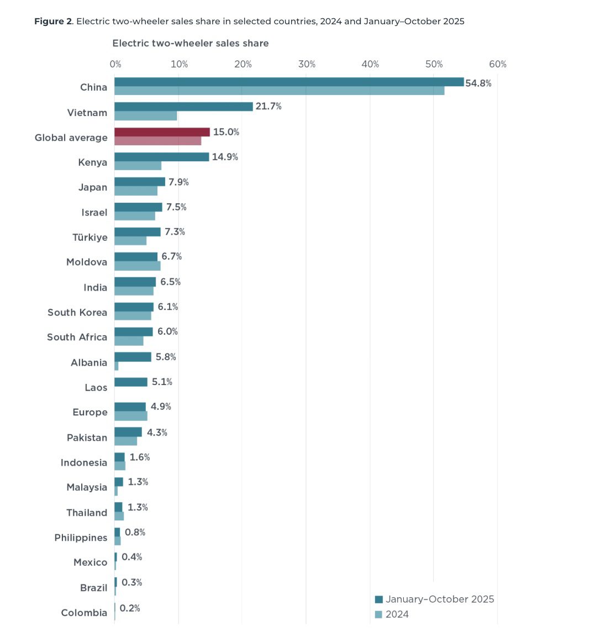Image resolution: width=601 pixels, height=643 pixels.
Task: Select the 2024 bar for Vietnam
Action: pyautogui.click(x=146, y=116)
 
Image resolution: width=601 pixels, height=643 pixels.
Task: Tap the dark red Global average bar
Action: pyautogui.click(x=162, y=132)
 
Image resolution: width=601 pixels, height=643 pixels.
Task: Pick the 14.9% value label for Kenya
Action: pyautogui.click(x=225, y=157)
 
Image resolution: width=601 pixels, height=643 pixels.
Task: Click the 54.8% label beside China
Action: pyautogui.click(x=478, y=83)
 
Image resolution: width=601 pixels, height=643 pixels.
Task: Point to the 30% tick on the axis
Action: pyautogui.click(x=307, y=64)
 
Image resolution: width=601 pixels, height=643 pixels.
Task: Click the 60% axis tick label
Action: pyautogui.click(x=497, y=64)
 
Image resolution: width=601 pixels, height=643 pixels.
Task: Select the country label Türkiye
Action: pyautogui.click(x=90, y=237)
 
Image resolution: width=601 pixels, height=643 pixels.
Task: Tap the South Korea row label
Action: pyautogui.click(x=77, y=312)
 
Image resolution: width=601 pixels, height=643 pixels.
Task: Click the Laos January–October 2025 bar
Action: pyautogui.click(x=131, y=382)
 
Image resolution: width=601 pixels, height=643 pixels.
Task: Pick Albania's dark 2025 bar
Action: pyautogui.click(x=133, y=357)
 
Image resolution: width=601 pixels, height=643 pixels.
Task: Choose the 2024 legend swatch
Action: pyautogui.click(x=378, y=614)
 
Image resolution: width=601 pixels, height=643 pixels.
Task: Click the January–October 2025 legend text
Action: pyautogui.click(x=440, y=599)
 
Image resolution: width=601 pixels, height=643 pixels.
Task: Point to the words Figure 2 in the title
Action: pyautogui.click(x=53, y=22)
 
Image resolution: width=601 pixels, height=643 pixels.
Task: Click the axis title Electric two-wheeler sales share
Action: pyautogui.click(x=191, y=43)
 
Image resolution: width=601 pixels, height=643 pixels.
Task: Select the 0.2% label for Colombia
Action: pyautogui.click(x=130, y=608)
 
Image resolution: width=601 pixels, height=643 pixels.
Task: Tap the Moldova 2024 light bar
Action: pyautogui.click(x=138, y=266)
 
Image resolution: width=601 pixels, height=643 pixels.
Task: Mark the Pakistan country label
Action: pyautogui.click(x=87, y=438)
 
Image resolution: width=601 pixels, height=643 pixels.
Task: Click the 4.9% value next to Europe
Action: pyautogui.click(x=161, y=407)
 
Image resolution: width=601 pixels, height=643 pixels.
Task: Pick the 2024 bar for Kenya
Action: pyautogui.click(x=138, y=166)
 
